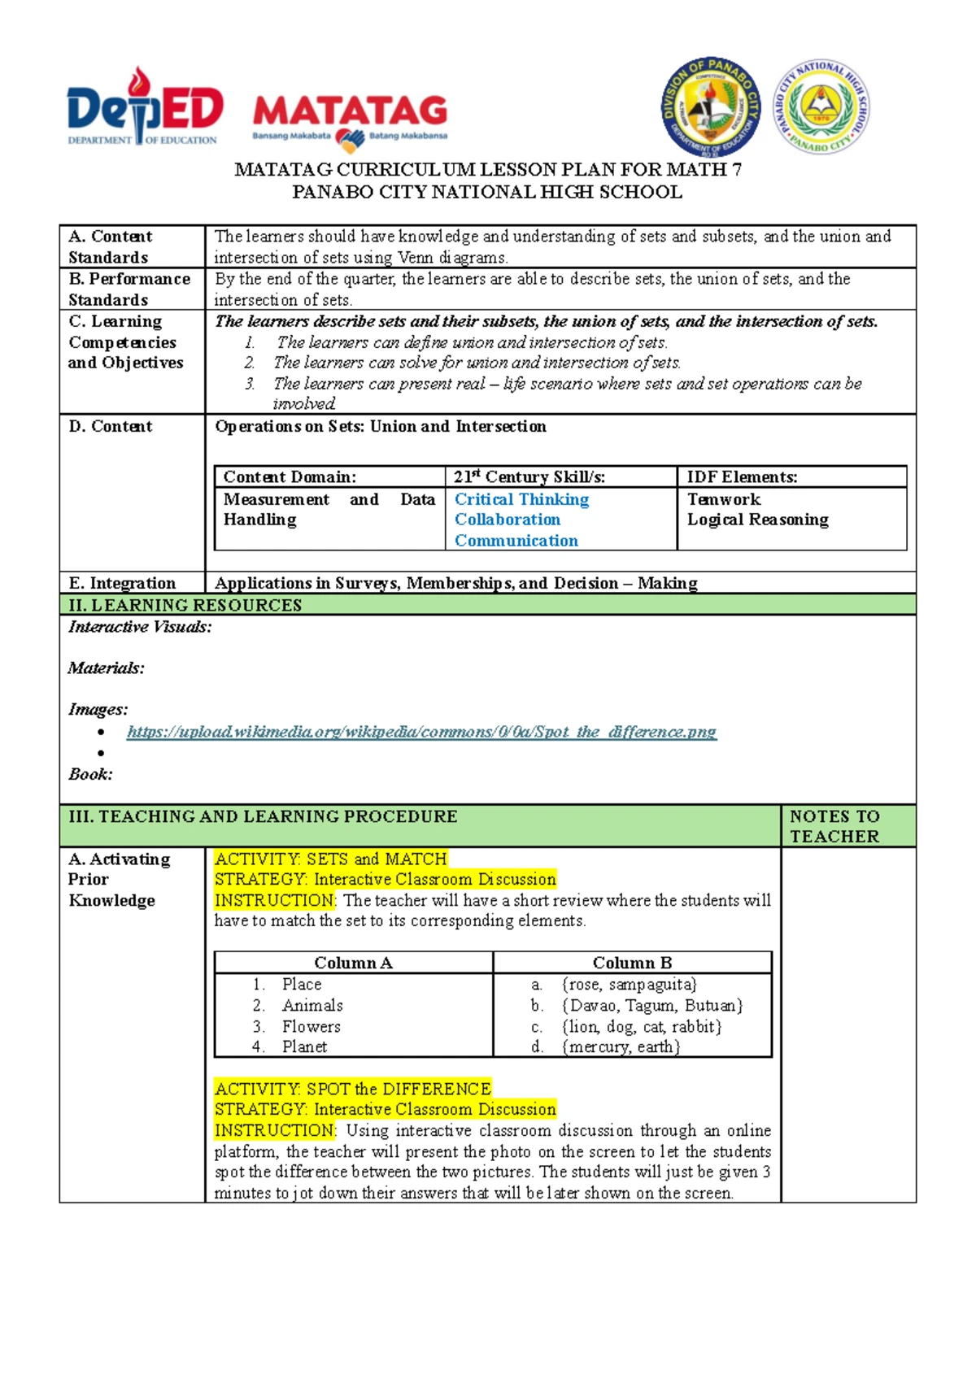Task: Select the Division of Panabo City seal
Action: tap(710, 107)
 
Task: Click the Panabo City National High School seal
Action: tap(821, 107)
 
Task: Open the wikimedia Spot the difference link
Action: tap(421, 732)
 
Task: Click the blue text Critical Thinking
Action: tap(521, 499)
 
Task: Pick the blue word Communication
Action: tap(516, 541)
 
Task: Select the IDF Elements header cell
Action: tap(742, 477)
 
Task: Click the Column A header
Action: tap(353, 963)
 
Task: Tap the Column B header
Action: tap(632, 963)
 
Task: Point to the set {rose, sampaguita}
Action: tap(629, 985)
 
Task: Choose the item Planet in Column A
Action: tap(304, 1047)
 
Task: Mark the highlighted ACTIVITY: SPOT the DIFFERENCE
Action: tap(352, 1089)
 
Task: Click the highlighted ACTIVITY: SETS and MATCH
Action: tap(330, 859)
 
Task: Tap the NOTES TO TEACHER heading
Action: tap(834, 826)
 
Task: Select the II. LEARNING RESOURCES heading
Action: tap(185, 605)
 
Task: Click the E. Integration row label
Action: tap(122, 583)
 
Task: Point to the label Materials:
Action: tap(106, 668)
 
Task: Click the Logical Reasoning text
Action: tap(757, 520)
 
